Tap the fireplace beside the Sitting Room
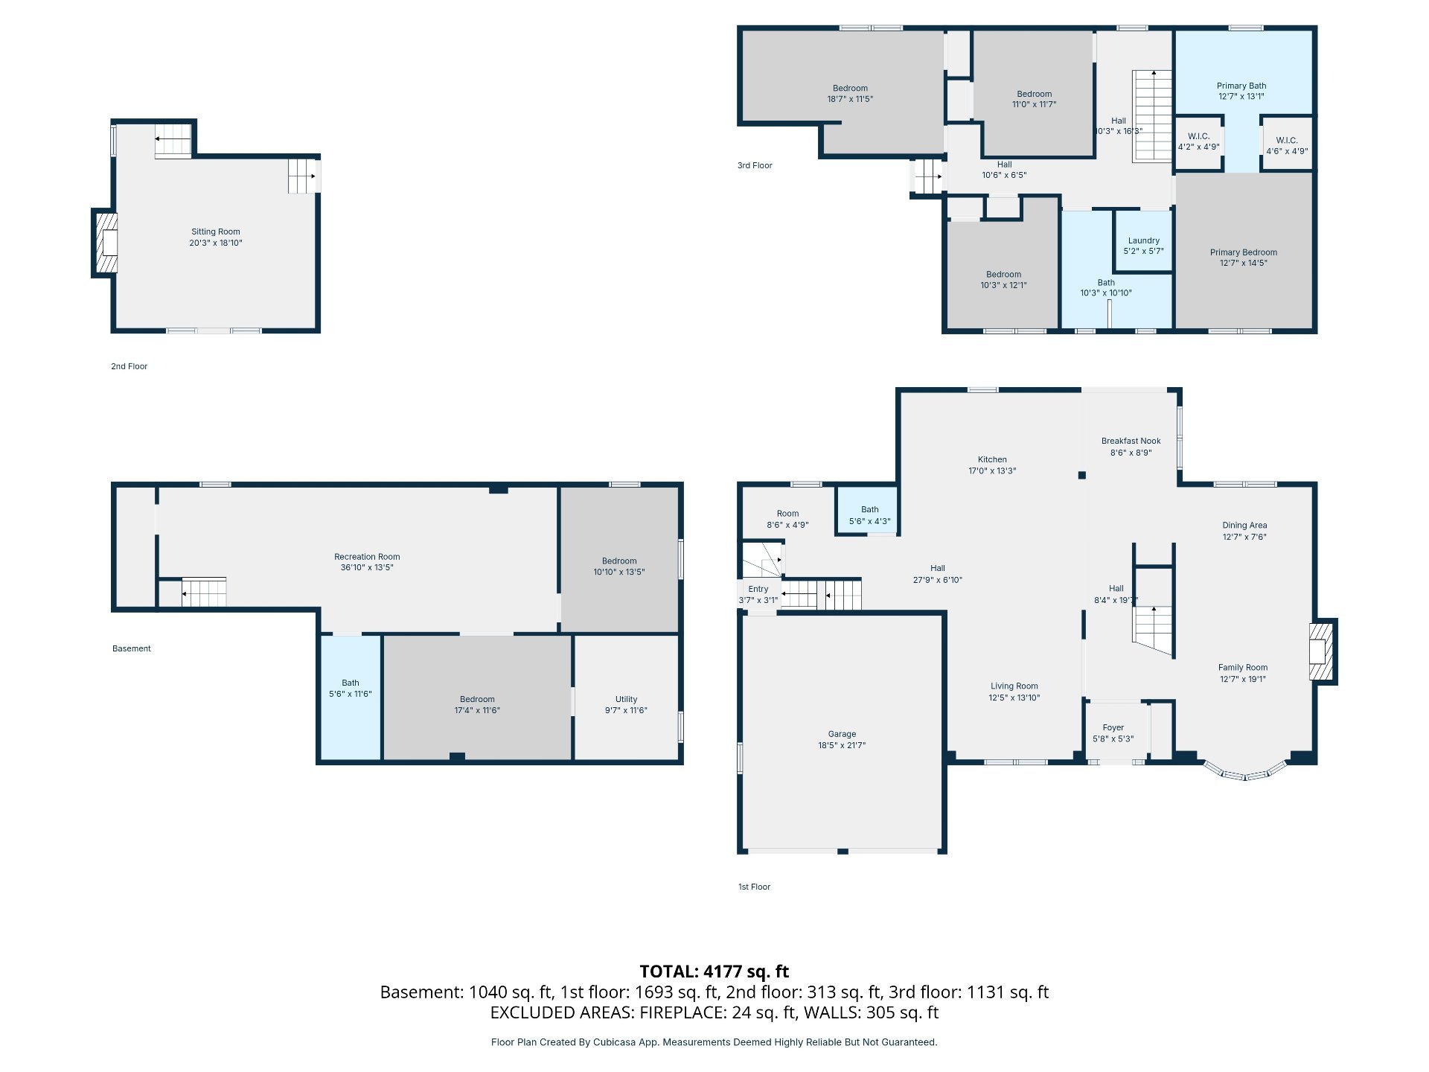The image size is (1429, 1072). click(x=105, y=243)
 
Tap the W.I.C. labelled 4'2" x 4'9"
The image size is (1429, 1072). click(x=1198, y=142)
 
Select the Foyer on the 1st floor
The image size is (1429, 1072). click(x=1113, y=733)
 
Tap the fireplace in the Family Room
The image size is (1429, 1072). click(x=1323, y=651)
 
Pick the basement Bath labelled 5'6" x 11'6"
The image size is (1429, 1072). click(x=351, y=697)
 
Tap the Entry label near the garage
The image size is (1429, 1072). click(x=758, y=589)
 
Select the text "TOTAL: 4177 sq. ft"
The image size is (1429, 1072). click(x=714, y=971)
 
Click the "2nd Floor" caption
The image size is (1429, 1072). click(x=130, y=366)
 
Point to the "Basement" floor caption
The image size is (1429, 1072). click(x=132, y=648)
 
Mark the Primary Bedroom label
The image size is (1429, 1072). click(x=1244, y=252)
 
